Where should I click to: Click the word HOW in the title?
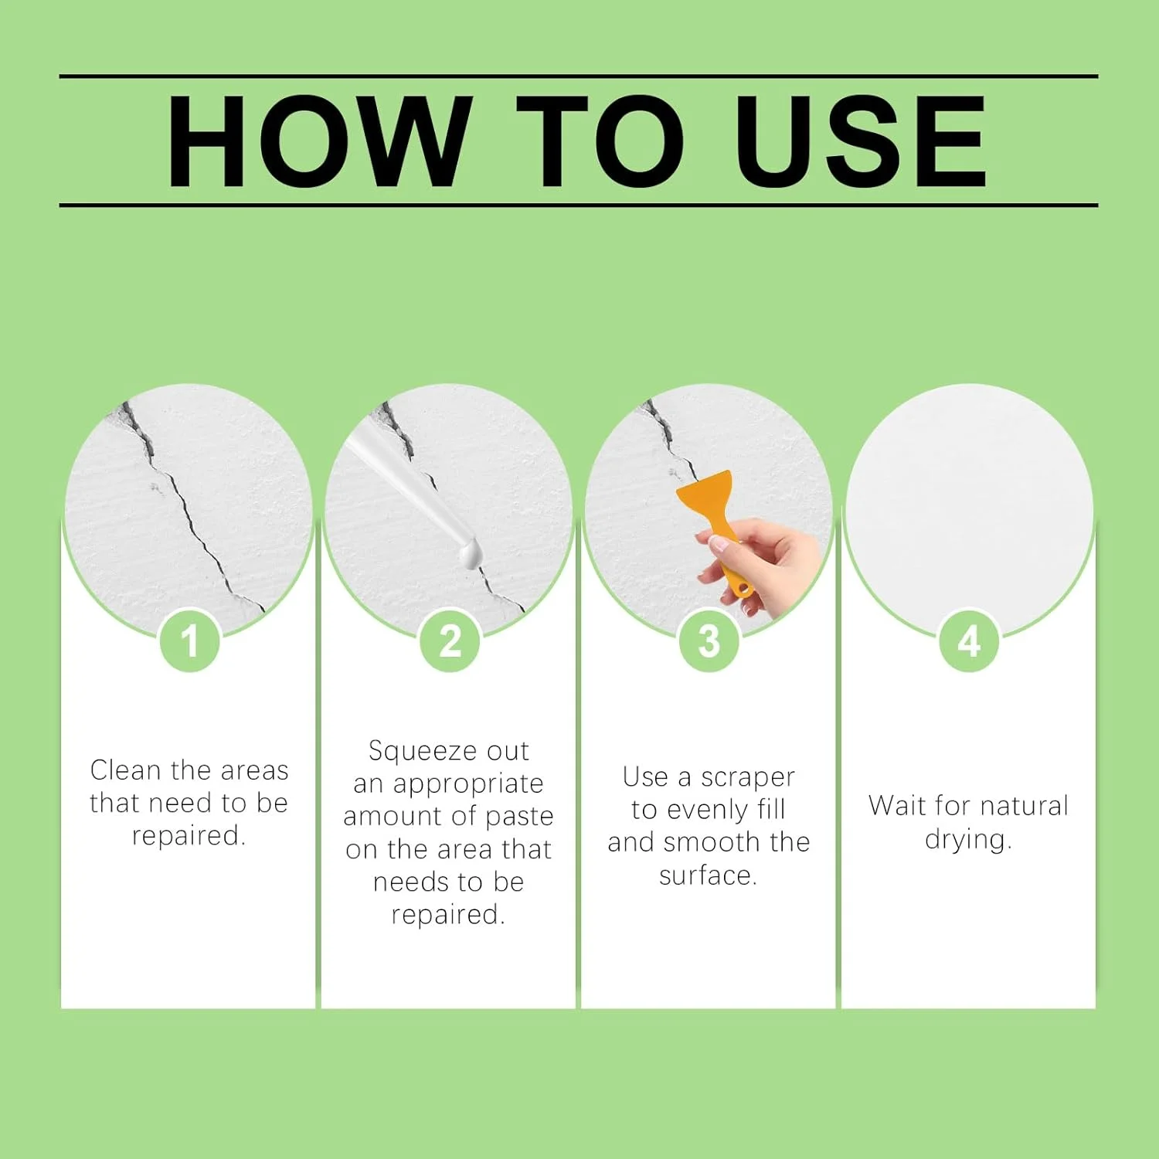[319, 141]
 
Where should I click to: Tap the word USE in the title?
[861, 141]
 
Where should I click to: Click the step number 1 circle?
[190, 641]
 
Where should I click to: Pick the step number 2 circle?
[450, 641]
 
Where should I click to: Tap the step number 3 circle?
[709, 641]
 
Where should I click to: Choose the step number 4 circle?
[969, 641]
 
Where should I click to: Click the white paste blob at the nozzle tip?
[469, 553]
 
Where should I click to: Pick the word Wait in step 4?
[897, 805]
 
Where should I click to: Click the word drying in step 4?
[968, 840]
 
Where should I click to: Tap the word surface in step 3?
[708, 875]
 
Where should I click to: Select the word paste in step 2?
[519, 817]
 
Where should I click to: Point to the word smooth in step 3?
[711, 842]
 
